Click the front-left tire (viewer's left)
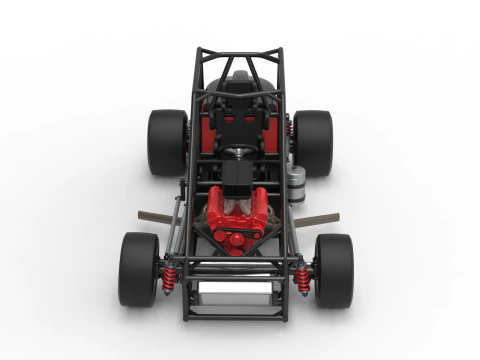pos(138,269)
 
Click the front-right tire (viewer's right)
pos(333,269)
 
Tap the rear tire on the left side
pos(167,142)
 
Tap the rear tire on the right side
pos(312,142)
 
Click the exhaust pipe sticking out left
pos(157,217)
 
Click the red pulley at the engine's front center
pos(237,241)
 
